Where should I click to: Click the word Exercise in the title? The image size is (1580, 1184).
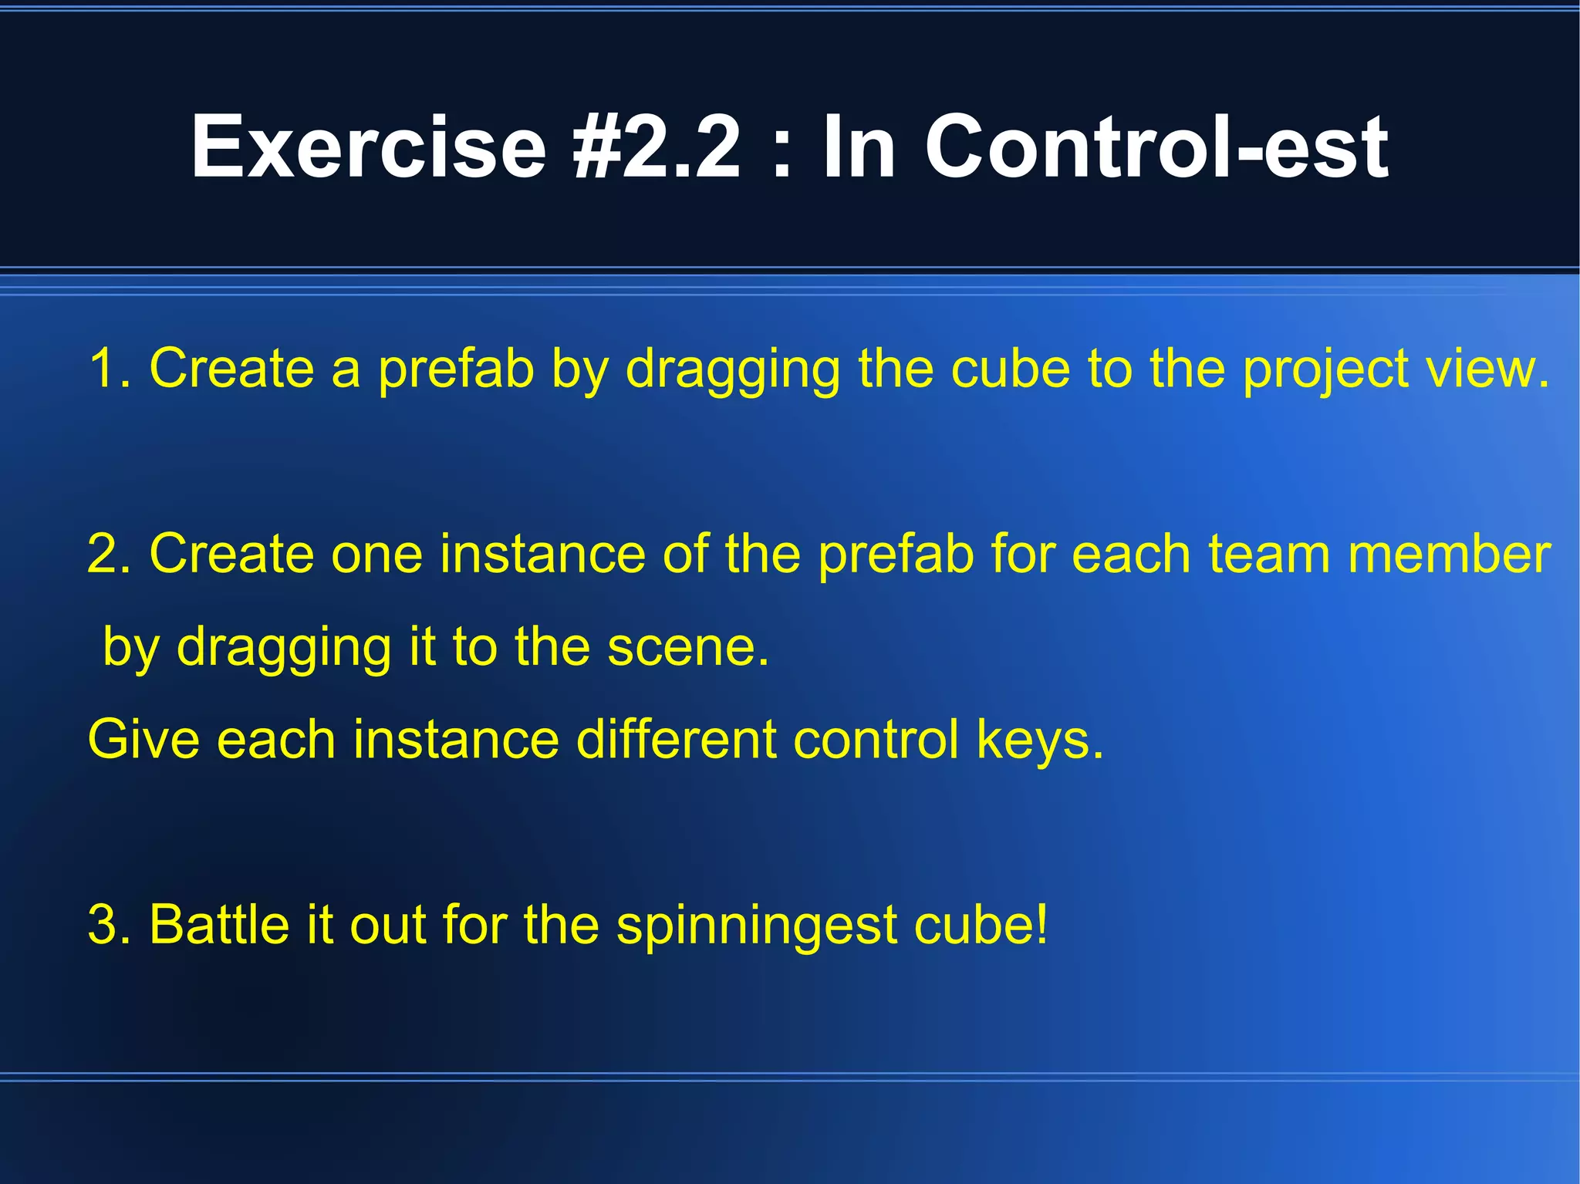tap(369, 147)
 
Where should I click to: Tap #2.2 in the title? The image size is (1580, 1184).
tap(657, 147)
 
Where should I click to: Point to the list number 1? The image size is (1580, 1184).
tap(109, 368)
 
